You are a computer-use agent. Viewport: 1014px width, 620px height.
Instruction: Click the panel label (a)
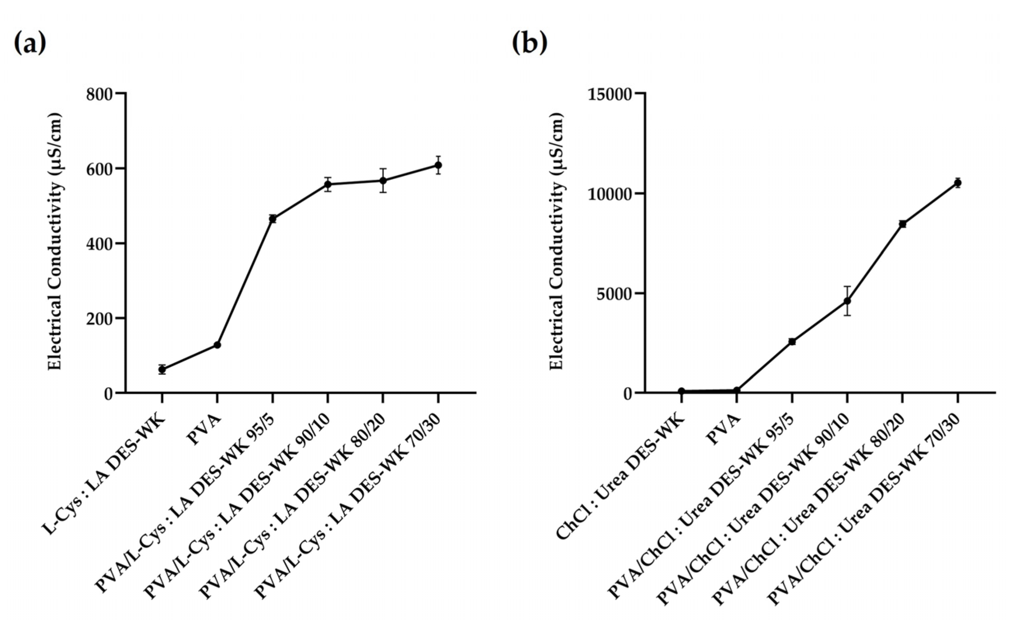click(x=30, y=44)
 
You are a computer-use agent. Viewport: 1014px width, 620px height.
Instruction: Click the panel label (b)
click(x=530, y=44)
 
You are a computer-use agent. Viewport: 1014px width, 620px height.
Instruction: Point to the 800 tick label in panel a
click(x=99, y=94)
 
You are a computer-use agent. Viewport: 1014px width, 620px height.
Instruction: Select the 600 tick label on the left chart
click(x=99, y=169)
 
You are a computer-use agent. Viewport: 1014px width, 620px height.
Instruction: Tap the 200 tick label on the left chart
click(x=99, y=318)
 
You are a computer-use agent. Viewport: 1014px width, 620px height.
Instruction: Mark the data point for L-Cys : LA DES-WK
click(x=162, y=370)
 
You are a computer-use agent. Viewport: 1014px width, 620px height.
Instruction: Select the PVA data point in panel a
click(x=217, y=345)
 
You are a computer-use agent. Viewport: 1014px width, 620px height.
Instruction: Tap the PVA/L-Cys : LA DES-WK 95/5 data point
click(x=272, y=219)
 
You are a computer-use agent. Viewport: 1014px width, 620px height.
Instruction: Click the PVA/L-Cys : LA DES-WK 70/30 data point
click(x=438, y=165)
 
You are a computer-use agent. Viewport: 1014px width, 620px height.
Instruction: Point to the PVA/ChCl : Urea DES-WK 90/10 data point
click(x=847, y=301)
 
